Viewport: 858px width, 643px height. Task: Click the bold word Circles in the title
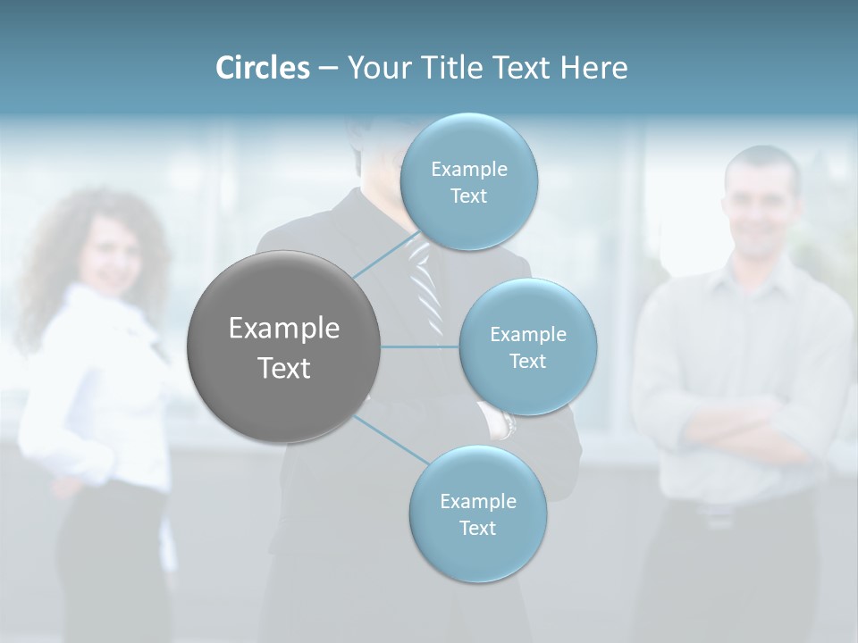(x=262, y=68)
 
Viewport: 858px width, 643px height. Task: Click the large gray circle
(x=283, y=347)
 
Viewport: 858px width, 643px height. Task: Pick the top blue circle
(x=468, y=182)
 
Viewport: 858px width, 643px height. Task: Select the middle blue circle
(x=527, y=347)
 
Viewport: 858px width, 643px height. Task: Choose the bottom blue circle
(x=477, y=514)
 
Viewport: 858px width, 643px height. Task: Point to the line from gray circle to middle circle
(x=420, y=347)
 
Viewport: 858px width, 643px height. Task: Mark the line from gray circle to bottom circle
(x=390, y=439)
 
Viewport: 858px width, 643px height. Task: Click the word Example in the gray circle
(x=283, y=329)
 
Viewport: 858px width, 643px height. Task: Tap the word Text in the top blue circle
(x=468, y=196)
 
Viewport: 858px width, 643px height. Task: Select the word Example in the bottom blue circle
(x=477, y=501)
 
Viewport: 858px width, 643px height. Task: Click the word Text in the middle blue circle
(x=527, y=361)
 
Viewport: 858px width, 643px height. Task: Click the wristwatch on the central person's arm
(x=508, y=423)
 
